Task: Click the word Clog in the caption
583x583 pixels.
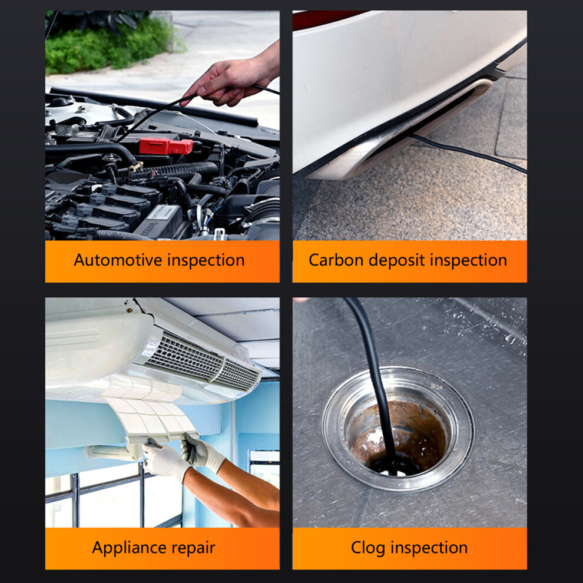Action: (x=367, y=548)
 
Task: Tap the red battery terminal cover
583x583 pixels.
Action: (x=166, y=146)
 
